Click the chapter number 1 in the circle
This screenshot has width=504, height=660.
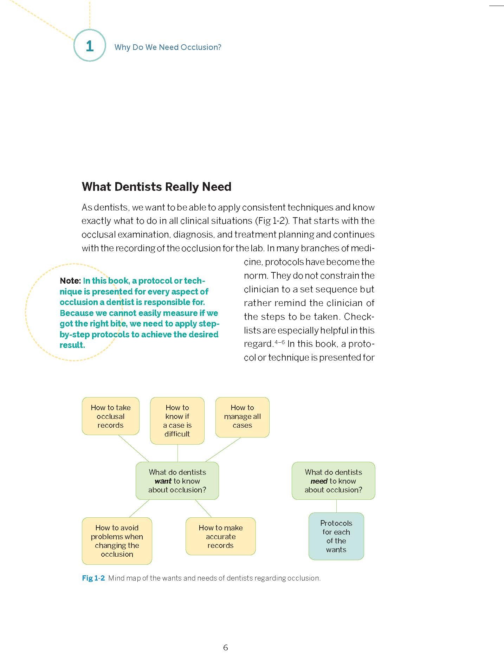(x=90, y=46)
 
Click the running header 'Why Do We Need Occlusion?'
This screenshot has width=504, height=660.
(x=168, y=47)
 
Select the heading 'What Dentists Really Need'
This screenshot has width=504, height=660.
(x=156, y=187)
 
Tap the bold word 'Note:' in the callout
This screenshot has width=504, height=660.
(x=70, y=281)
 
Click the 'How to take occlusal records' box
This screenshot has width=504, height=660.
(x=111, y=416)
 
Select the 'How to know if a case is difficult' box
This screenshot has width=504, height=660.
(x=177, y=421)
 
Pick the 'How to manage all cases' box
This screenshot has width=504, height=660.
(x=242, y=417)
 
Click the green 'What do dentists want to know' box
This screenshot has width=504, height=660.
(x=177, y=481)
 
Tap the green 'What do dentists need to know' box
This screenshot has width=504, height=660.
(x=333, y=481)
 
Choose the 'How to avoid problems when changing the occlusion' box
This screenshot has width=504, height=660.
(x=117, y=541)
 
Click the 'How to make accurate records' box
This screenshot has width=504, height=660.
(x=220, y=536)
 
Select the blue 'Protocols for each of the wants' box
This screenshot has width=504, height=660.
(x=336, y=536)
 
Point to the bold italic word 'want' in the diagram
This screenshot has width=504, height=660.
(x=163, y=481)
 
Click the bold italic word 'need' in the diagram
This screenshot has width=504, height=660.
(x=319, y=481)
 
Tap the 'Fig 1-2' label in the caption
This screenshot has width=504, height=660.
(x=93, y=578)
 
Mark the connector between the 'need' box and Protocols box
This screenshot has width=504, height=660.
(x=336, y=506)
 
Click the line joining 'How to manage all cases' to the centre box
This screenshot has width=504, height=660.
(x=223, y=449)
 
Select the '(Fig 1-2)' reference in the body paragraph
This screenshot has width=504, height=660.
(x=272, y=221)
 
